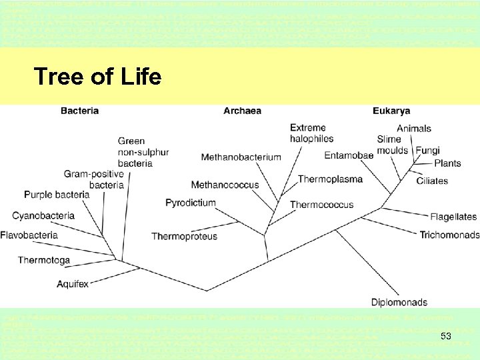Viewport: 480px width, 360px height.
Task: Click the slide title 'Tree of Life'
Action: pyautogui.click(x=97, y=77)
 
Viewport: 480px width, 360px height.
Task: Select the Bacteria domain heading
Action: pyautogui.click(x=79, y=111)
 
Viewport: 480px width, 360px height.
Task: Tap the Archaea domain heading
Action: pyautogui.click(x=242, y=111)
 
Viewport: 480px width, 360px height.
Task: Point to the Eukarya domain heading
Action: pyautogui.click(x=391, y=111)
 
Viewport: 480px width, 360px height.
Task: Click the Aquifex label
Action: pyautogui.click(x=73, y=284)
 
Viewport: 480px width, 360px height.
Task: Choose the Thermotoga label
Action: pyautogui.click(x=44, y=260)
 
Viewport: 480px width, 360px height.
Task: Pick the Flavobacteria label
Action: pyautogui.click(x=29, y=235)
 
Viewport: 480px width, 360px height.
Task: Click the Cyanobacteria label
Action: pyautogui.click(x=43, y=215)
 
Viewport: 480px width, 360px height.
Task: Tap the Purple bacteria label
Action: pyautogui.click(x=57, y=195)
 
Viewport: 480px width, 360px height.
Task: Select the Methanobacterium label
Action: pyautogui.click(x=241, y=157)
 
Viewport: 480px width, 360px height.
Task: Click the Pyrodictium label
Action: pyautogui.click(x=191, y=203)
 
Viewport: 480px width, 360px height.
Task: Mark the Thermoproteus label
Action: pyautogui.click(x=184, y=236)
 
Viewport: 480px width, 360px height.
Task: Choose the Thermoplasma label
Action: pyautogui.click(x=330, y=179)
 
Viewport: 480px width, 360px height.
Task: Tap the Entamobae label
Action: pyautogui.click(x=349, y=155)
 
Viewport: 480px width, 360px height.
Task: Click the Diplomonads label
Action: pyautogui.click(x=399, y=302)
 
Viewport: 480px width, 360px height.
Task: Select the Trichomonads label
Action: pyautogui.click(x=449, y=235)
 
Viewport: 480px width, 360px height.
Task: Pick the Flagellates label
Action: pyautogui.click(x=453, y=217)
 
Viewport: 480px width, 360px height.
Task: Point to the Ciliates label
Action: pyautogui.click(x=432, y=181)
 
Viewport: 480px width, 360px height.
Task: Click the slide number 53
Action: pyautogui.click(x=446, y=337)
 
